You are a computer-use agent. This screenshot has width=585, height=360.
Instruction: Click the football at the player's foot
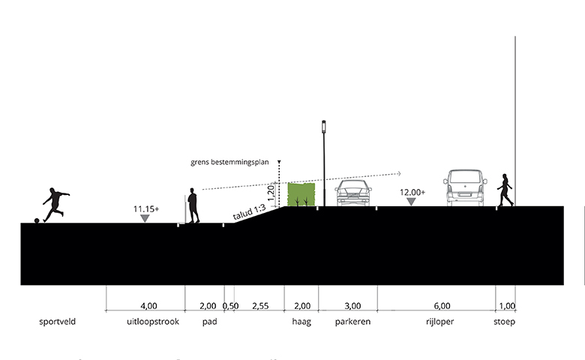pyautogui.click(x=37, y=220)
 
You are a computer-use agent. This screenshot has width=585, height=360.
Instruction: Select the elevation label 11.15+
pyautogui.click(x=146, y=209)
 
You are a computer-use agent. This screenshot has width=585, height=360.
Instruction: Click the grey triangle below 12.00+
pyautogui.click(x=411, y=202)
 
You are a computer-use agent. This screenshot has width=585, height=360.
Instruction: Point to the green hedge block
pyautogui.click(x=301, y=194)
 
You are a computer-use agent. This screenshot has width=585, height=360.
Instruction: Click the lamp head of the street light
pyautogui.click(x=324, y=127)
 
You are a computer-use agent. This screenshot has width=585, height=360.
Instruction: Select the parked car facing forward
pyautogui.click(x=353, y=193)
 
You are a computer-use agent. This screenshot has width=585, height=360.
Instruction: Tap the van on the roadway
pyautogui.click(x=465, y=187)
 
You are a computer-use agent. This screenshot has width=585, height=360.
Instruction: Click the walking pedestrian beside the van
pyautogui.click(x=505, y=190)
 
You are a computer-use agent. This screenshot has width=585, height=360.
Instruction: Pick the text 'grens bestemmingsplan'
pyautogui.click(x=229, y=162)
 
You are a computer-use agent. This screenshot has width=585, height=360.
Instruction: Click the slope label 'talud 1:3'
pyautogui.click(x=249, y=212)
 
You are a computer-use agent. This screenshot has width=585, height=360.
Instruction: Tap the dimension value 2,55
pyautogui.click(x=260, y=306)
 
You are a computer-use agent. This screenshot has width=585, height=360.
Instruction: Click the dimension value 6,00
pyautogui.click(x=442, y=306)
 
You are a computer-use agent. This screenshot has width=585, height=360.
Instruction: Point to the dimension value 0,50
pyautogui.click(x=230, y=306)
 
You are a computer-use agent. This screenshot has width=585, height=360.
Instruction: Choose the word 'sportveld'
pyautogui.click(x=58, y=322)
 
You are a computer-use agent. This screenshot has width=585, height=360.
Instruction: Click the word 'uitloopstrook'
pyautogui.click(x=153, y=322)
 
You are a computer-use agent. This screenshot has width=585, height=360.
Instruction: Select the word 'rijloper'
pyautogui.click(x=439, y=322)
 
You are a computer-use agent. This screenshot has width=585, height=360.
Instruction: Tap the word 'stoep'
pyautogui.click(x=505, y=322)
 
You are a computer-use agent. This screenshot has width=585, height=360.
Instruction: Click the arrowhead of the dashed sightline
pyautogui.click(x=399, y=173)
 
